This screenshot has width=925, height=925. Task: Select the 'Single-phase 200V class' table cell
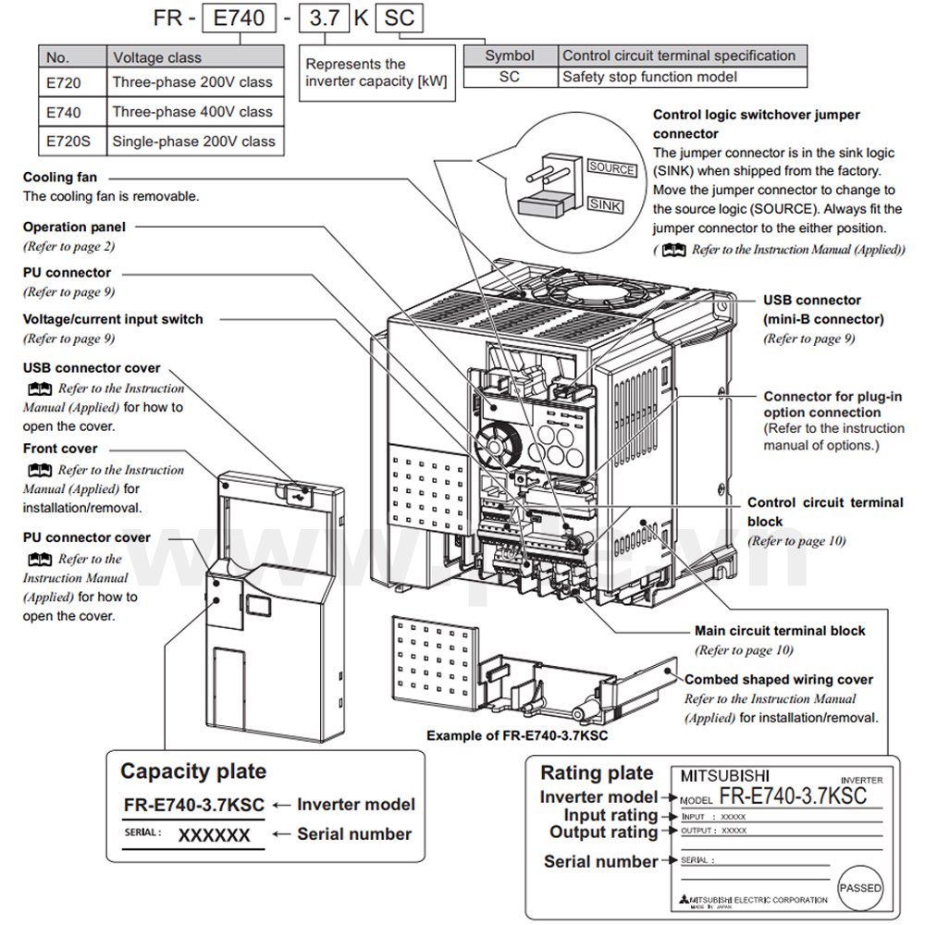point(193,142)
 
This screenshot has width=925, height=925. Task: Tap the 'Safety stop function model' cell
point(649,78)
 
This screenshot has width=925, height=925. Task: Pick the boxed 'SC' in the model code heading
point(400,18)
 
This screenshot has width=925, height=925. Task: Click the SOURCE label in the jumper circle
point(611,169)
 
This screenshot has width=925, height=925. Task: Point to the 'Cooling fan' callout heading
point(60,177)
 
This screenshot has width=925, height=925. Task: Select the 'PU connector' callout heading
point(67,273)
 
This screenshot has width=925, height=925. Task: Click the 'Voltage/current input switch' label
point(113,319)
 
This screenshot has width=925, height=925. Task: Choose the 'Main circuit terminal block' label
point(780,631)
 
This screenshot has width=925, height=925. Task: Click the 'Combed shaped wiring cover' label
point(779,680)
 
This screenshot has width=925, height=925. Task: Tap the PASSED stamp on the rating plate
point(860,888)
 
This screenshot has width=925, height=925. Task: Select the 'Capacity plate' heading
point(193,771)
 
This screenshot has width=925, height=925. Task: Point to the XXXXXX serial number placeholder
point(214,835)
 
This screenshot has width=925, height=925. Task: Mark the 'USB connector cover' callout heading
point(92,368)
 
